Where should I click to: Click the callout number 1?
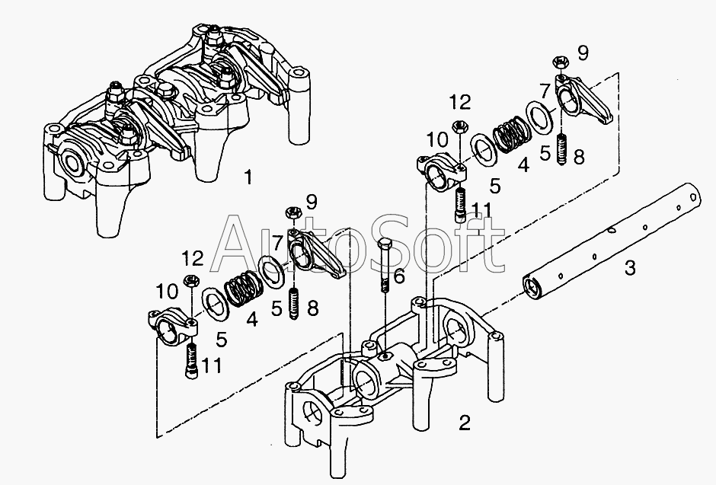248,177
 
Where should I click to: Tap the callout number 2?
464,423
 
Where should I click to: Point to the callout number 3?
630,267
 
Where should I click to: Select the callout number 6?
398,276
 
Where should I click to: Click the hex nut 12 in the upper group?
459,126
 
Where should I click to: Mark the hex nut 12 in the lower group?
190,280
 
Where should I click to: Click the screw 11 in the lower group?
192,360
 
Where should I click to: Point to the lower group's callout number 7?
276,240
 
